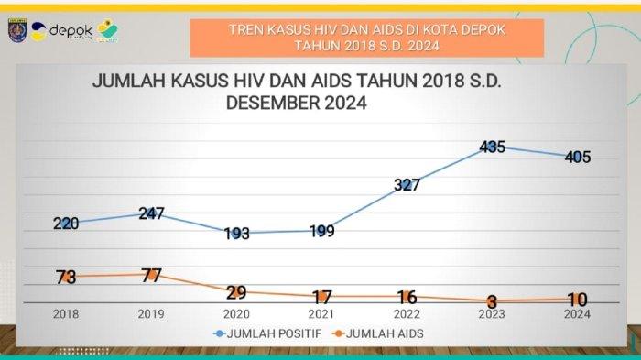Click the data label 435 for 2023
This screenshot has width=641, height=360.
(x=492, y=147)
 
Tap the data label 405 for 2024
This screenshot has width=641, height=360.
(x=577, y=157)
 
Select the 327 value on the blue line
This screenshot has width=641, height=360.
(x=407, y=185)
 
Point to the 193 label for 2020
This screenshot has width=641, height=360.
(x=236, y=234)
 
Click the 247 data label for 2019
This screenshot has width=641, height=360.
(x=151, y=213)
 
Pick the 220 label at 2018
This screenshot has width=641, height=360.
(x=65, y=223)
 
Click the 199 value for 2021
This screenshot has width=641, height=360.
(x=321, y=231)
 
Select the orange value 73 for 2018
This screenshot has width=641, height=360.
(x=65, y=277)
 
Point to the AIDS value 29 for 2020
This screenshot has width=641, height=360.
(x=236, y=292)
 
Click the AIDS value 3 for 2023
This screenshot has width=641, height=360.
(x=492, y=301)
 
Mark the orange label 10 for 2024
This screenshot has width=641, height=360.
(x=577, y=300)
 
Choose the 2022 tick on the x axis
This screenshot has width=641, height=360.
(x=407, y=313)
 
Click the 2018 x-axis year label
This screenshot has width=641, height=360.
(x=65, y=313)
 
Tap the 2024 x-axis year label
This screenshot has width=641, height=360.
(x=577, y=313)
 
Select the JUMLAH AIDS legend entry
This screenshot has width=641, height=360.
(x=380, y=334)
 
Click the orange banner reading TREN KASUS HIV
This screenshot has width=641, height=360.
(x=366, y=38)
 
